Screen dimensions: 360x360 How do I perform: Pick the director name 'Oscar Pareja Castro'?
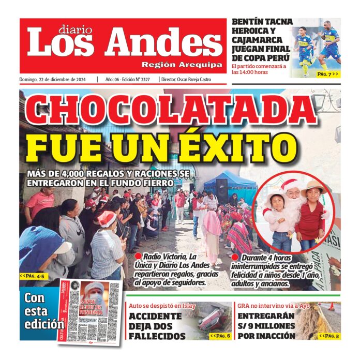(x=202, y=80)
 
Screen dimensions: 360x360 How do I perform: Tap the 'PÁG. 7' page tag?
(x=327, y=74)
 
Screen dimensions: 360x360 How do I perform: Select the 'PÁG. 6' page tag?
(x=220, y=336)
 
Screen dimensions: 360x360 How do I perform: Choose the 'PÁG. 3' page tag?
(x=329, y=336)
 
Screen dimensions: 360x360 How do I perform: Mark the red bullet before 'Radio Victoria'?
(x=138, y=256)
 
